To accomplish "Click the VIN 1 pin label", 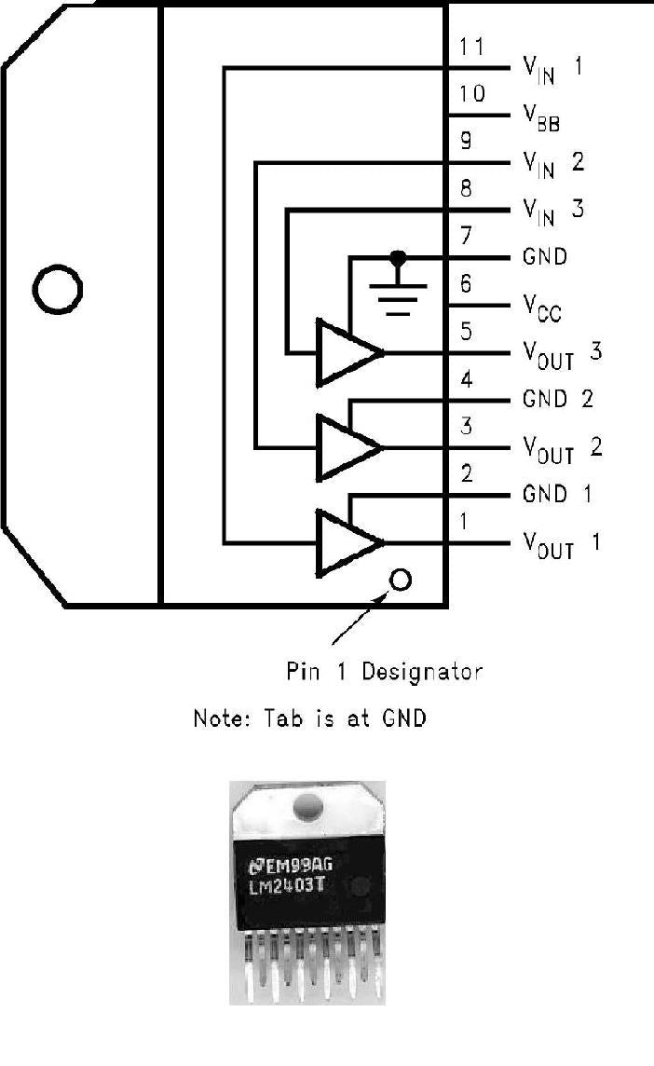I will click(552, 70).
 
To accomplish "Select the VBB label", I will click(541, 118).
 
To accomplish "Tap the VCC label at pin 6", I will click(542, 308).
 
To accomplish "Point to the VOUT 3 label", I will click(562, 354).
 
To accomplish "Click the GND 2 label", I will click(558, 400).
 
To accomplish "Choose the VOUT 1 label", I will click(562, 544).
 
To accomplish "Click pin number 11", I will click(472, 47).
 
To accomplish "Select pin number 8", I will click(467, 188).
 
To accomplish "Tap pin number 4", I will click(467, 380).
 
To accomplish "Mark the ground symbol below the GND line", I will click(399, 294).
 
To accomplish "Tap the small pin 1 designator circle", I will click(401, 581).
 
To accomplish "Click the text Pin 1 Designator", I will click(384, 671).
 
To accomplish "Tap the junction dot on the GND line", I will click(399, 255).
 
